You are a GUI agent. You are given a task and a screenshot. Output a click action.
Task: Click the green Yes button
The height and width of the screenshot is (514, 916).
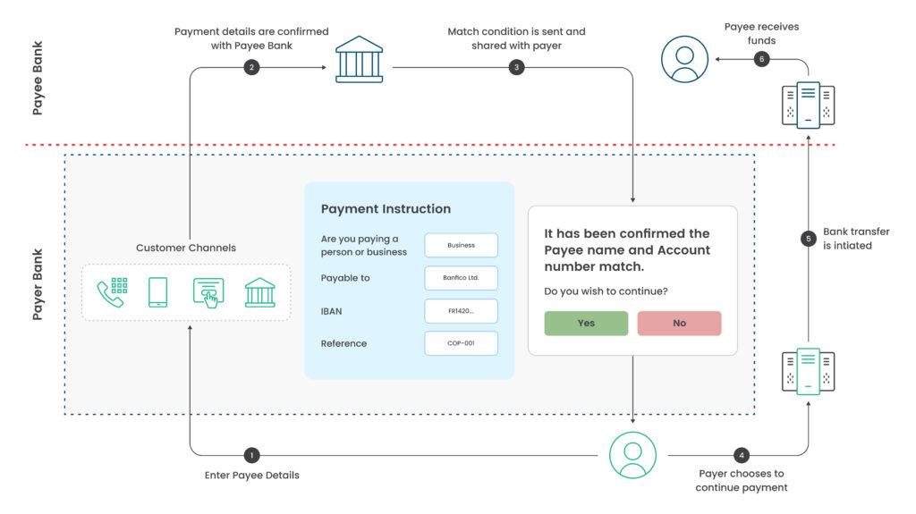586,323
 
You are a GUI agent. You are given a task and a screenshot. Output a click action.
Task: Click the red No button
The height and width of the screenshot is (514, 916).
679,323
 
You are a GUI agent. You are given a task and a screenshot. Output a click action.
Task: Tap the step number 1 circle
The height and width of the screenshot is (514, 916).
251,455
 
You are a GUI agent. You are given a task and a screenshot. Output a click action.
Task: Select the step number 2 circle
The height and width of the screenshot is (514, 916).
251,67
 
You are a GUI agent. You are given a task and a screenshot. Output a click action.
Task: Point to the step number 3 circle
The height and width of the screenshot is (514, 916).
516,67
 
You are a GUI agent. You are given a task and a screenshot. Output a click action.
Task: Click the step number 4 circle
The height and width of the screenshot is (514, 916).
742,455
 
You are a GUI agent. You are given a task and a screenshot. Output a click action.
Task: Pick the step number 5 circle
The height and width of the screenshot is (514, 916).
809,239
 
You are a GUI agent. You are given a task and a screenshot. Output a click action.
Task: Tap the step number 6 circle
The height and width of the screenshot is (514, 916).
762,59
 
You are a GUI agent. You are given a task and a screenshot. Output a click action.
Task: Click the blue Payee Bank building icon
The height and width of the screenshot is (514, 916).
360,60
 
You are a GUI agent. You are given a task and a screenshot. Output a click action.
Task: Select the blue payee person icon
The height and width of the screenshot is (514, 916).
684,59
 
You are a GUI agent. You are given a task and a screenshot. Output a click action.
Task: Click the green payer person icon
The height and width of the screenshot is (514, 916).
632,455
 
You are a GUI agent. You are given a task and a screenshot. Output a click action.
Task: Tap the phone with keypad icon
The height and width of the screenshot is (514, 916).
112,292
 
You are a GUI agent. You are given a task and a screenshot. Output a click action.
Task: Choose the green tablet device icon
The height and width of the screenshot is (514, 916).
157,292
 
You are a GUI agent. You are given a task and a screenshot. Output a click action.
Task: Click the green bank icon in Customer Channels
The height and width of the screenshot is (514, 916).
260,292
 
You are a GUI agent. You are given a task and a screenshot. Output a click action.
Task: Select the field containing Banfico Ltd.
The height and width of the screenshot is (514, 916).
461,278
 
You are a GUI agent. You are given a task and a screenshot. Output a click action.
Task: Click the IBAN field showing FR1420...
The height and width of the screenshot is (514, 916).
461,311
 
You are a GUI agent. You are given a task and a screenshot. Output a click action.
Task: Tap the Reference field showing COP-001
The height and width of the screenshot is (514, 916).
461,343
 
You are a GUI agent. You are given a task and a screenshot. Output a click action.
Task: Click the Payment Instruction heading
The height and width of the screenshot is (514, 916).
386,209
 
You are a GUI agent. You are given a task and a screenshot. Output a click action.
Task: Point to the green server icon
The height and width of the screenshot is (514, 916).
809,372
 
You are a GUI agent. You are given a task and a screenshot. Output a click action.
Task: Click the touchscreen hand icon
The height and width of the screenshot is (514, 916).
208,292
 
